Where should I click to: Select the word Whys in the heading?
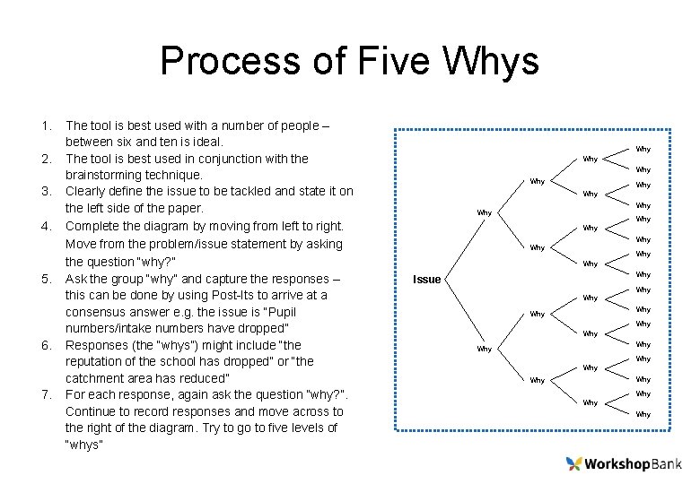click(490, 62)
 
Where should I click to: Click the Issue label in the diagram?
click(426, 280)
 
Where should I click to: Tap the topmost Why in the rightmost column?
click(643, 149)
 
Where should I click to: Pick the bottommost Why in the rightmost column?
click(643, 414)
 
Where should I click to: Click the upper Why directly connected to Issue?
click(484, 212)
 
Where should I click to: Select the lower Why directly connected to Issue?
click(484, 349)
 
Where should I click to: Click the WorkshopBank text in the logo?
click(634, 463)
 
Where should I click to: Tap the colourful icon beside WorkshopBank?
click(574, 463)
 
